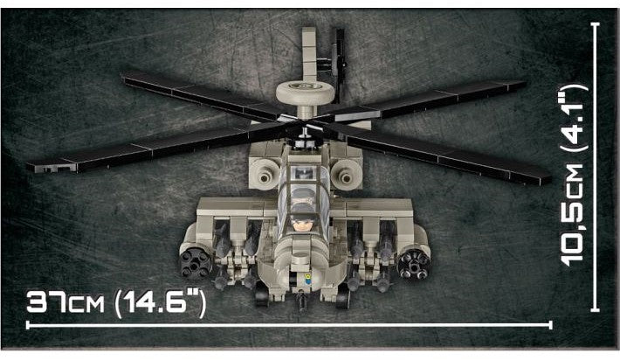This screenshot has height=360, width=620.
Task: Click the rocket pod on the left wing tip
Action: [196, 262]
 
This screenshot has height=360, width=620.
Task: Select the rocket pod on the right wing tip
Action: [413, 263]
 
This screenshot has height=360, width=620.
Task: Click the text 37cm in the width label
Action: [65, 302]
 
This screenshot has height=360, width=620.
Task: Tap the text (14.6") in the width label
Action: [160, 302]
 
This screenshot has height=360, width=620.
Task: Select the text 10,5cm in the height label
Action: [572, 214]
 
